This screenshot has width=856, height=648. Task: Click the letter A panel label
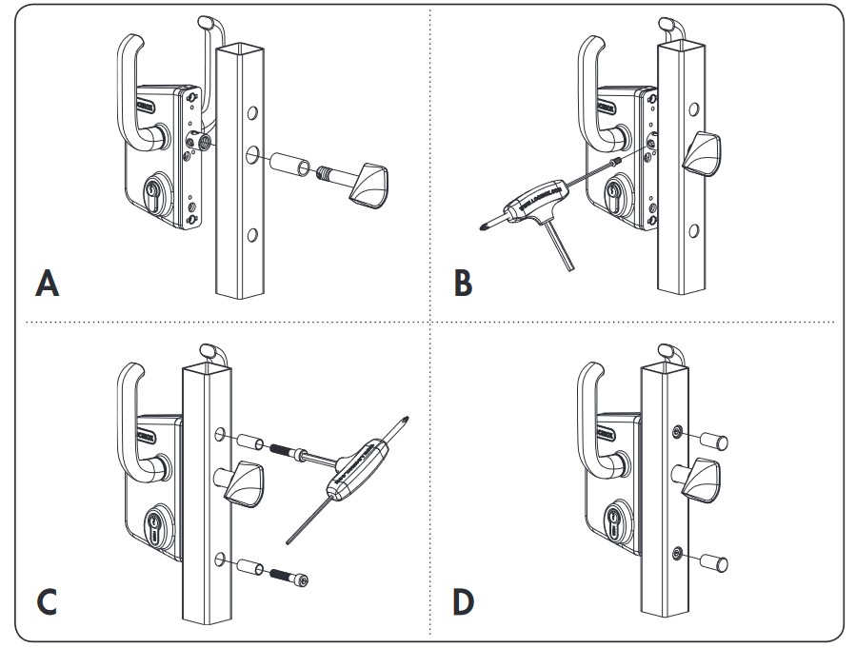(45, 283)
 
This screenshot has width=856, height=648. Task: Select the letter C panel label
(45, 601)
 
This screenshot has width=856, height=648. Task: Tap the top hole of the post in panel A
(252, 113)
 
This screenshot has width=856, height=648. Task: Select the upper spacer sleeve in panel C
(252, 444)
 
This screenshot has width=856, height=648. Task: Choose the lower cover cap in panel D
(716, 561)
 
